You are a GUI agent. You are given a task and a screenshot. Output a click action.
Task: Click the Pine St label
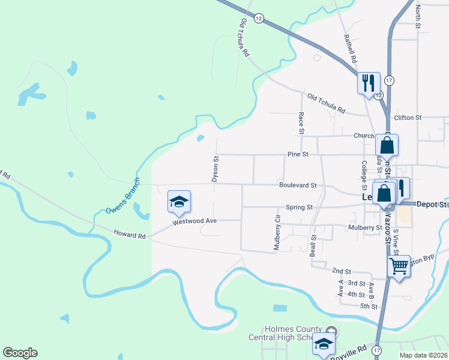pos(297,154)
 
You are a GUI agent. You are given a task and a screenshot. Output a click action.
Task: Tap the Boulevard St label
pos(297,185)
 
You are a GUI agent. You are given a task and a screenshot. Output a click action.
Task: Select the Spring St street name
pos(300,207)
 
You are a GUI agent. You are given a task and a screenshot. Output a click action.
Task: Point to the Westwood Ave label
pos(194,221)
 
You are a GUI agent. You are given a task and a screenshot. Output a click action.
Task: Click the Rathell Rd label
pos(350,49)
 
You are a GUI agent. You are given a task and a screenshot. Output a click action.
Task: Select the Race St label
pos(301,123)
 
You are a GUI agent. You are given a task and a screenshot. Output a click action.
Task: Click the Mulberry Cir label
pos(277,232)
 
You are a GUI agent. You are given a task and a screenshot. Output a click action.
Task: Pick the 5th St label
pos(368,306)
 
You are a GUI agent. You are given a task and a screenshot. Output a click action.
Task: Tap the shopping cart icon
pos(399,266)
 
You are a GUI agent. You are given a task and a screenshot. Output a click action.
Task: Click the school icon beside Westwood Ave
pos(179,202)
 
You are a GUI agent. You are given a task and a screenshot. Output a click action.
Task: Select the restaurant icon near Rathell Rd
pos(368,82)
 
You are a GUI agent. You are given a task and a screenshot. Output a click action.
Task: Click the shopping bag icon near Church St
pos(387,145)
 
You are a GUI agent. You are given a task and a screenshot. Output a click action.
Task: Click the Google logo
pos(20,353)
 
